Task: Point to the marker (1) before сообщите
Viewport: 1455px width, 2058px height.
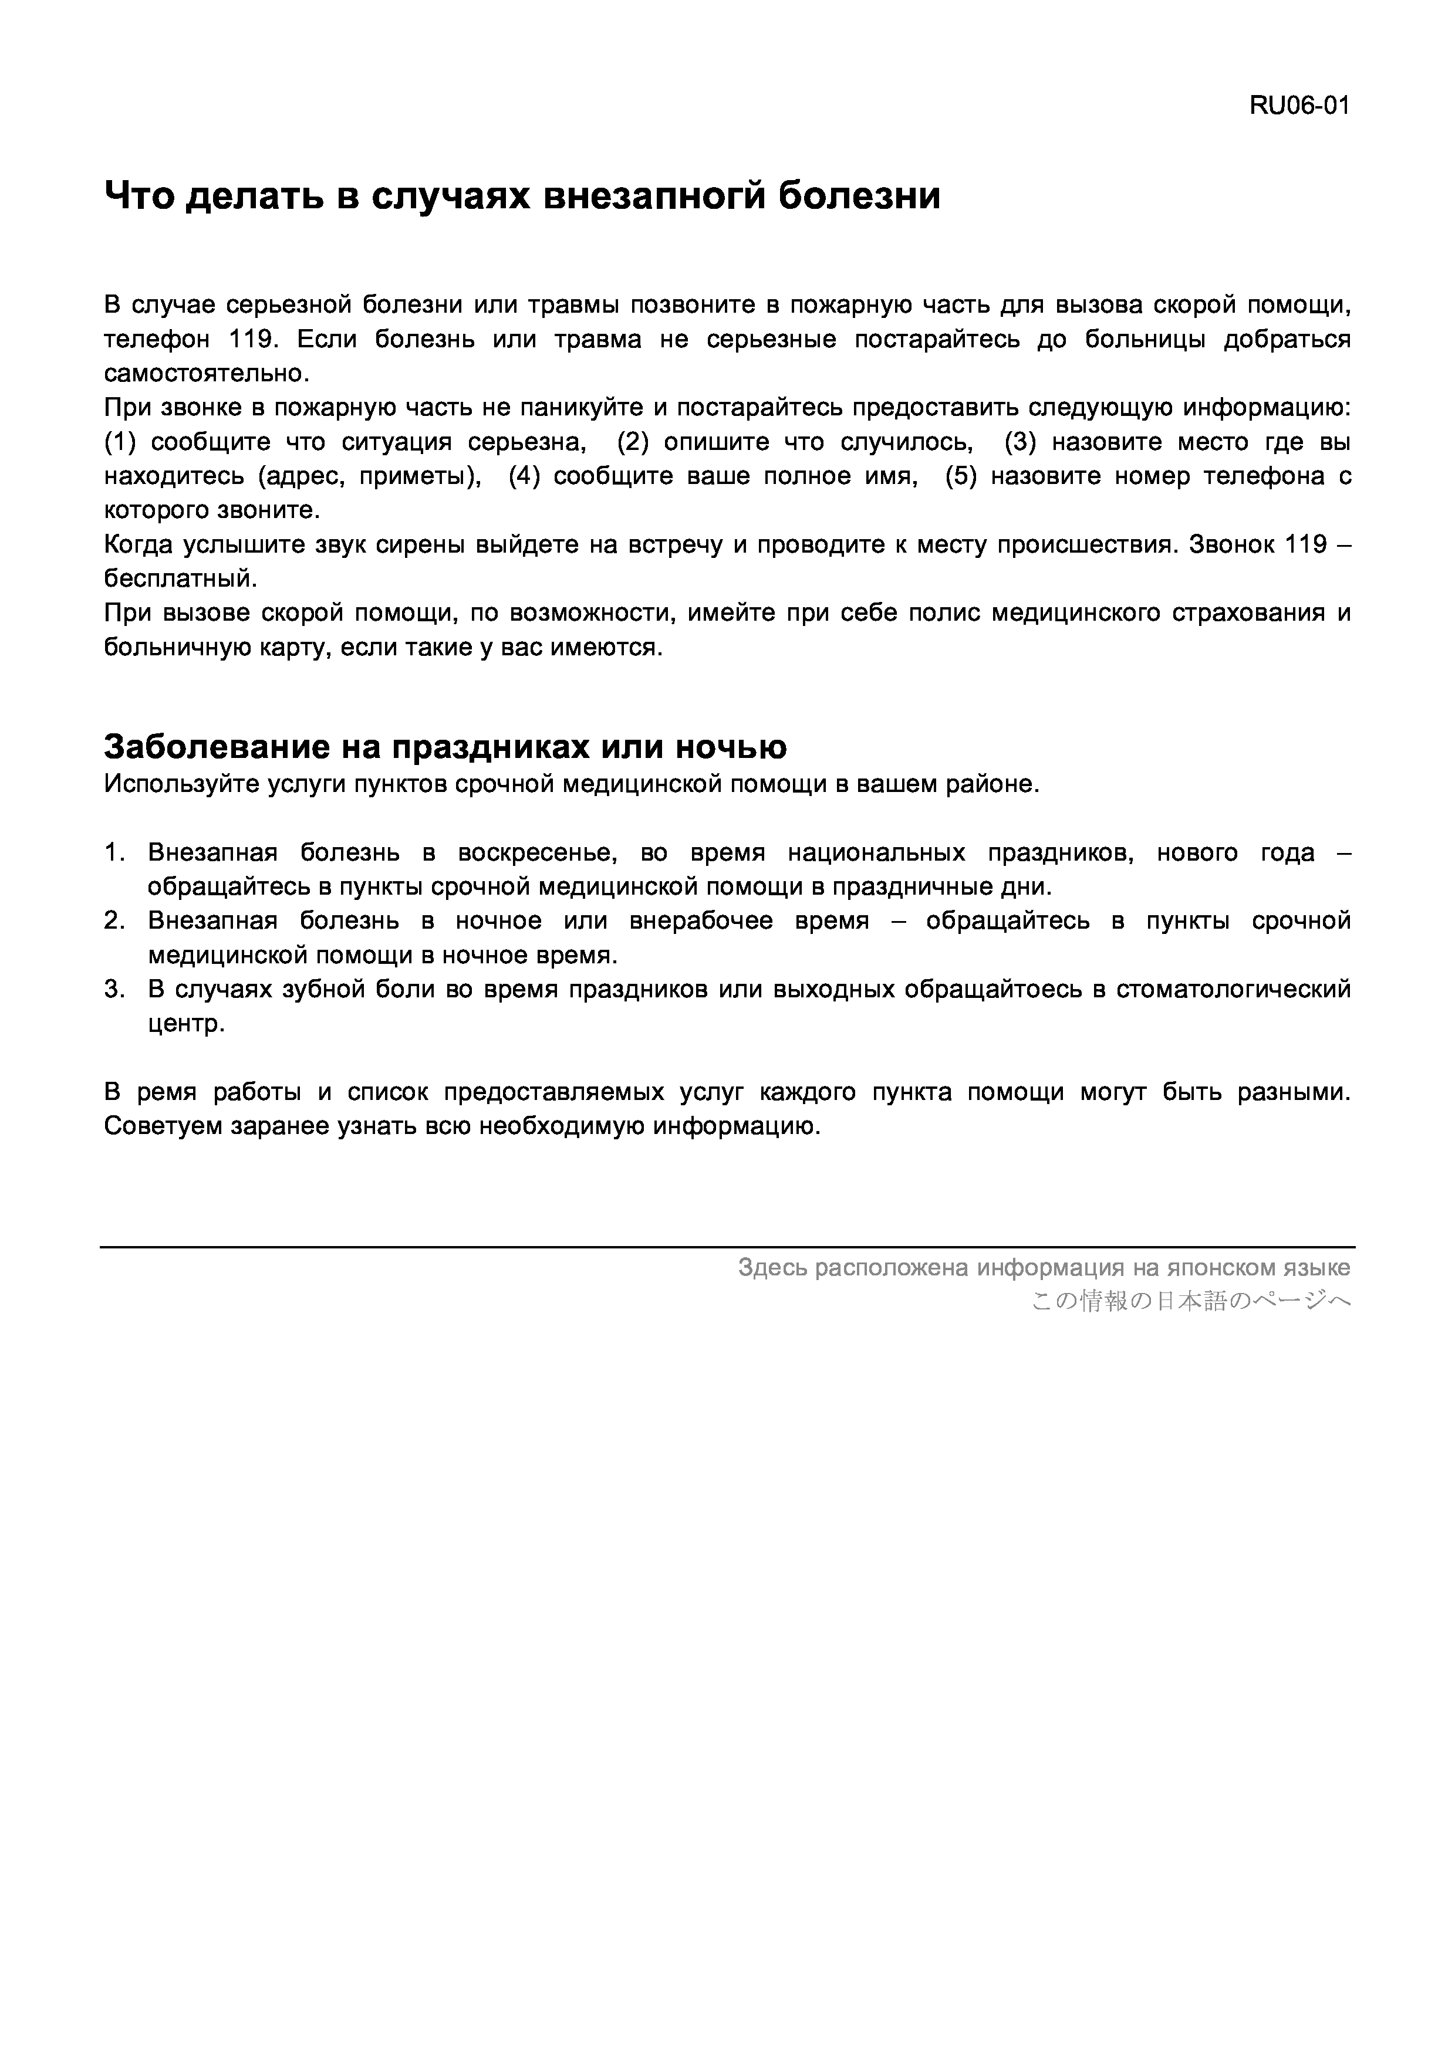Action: [x=123, y=442]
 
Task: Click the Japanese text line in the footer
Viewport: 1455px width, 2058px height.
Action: [x=1190, y=1301]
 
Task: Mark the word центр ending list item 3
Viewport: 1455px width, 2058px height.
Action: [x=185, y=1024]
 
